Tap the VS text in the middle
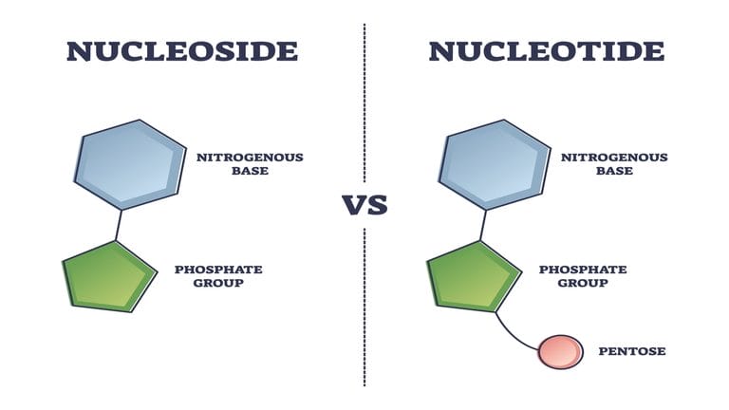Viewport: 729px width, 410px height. coord(364,205)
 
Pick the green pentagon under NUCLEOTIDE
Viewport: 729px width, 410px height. coord(473,275)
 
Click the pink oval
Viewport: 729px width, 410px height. coord(560,351)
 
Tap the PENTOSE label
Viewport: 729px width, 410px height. coord(632,351)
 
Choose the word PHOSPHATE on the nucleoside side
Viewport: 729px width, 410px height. coord(218,270)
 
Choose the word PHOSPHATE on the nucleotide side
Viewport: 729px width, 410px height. coord(583,270)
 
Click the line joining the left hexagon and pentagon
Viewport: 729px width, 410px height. coord(118,225)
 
